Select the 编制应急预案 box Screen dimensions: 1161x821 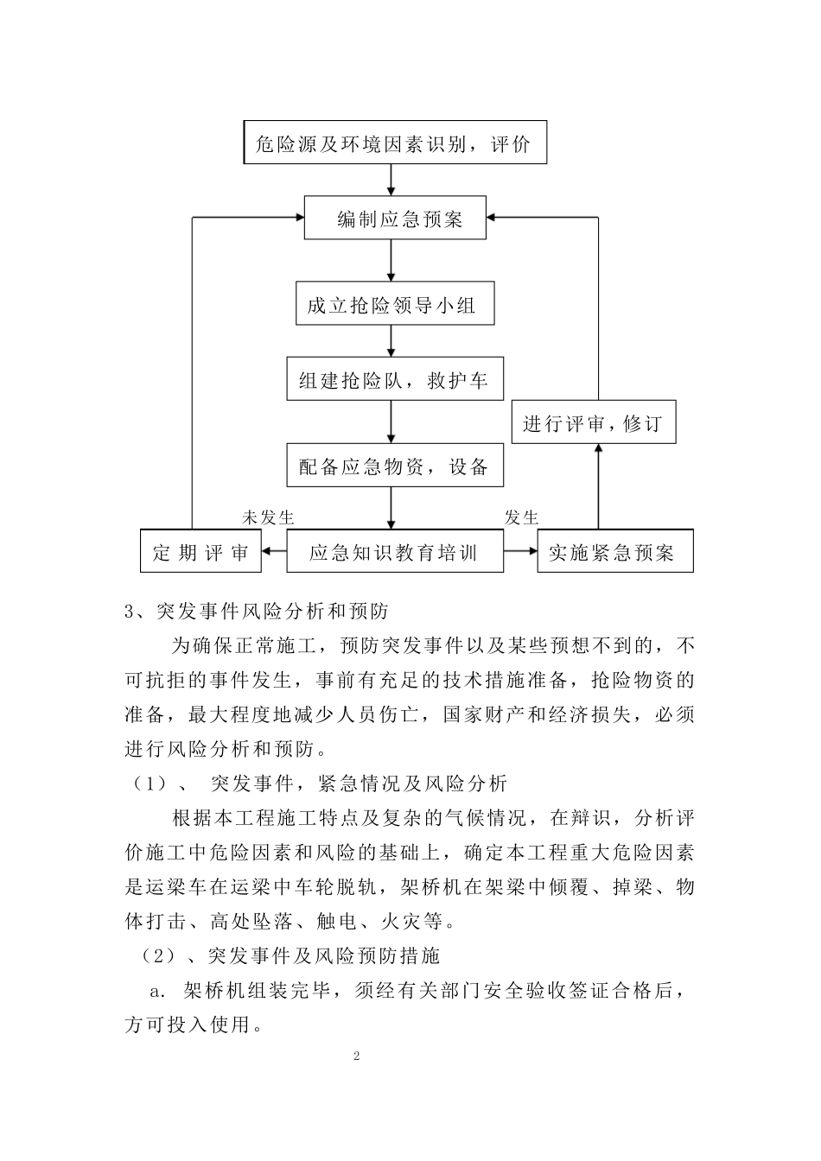click(395, 218)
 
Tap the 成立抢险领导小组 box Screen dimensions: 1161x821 click(395, 303)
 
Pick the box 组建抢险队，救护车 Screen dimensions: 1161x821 click(395, 379)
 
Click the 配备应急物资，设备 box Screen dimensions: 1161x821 click(395, 466)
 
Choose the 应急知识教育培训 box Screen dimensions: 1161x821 click(395, 551)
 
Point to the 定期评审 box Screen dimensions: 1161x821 click(200, 551)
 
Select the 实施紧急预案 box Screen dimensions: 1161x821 click(615, 551)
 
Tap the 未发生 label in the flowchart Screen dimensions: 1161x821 click(268, 517)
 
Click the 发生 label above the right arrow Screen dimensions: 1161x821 click(521, 517)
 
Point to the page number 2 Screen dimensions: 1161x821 click(355, 1056)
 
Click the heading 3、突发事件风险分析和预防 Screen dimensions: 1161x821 click(257, 612)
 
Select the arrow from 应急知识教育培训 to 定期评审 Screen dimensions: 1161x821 click(274, 551)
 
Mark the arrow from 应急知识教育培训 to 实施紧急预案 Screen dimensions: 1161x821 click(520, 551)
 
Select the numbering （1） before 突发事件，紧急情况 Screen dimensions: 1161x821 click(149, 784)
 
